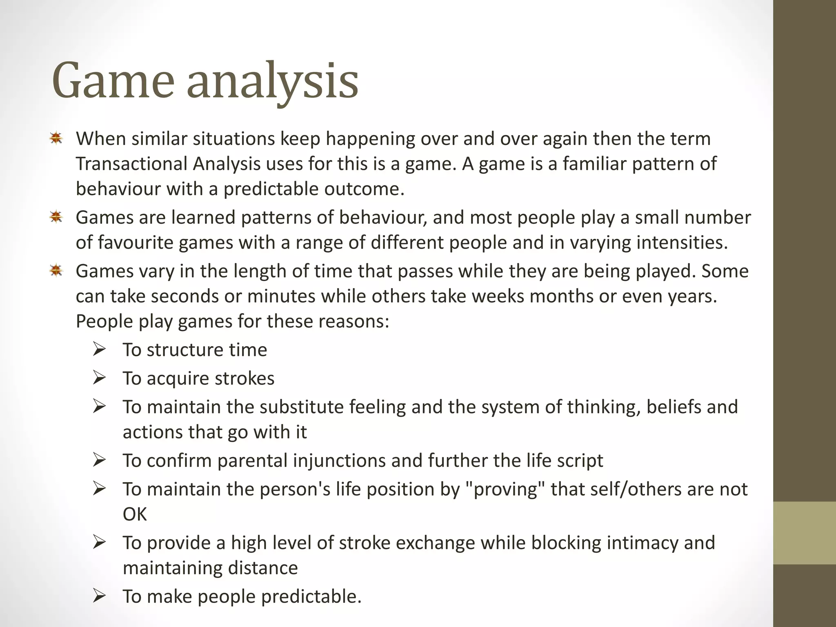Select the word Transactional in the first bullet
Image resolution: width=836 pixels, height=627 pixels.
coord(131,164)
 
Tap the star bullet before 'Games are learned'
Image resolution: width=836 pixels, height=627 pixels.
coord(56,217)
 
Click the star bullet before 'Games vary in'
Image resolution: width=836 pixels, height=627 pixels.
coord(56,270)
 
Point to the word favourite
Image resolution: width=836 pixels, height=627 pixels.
coord(133,242)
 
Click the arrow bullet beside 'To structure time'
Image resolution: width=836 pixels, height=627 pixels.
coord(99,349)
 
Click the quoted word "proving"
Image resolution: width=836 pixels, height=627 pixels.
coord(506,489)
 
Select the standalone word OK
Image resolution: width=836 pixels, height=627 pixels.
coord(134,514)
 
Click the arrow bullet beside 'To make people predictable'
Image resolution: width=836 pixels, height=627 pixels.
coord(99,596)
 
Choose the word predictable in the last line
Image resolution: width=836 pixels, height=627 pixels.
coord(311,596)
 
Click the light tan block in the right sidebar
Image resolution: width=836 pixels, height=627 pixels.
coord(804,533)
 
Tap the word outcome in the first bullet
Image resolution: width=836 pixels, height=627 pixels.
coord(364,189)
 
